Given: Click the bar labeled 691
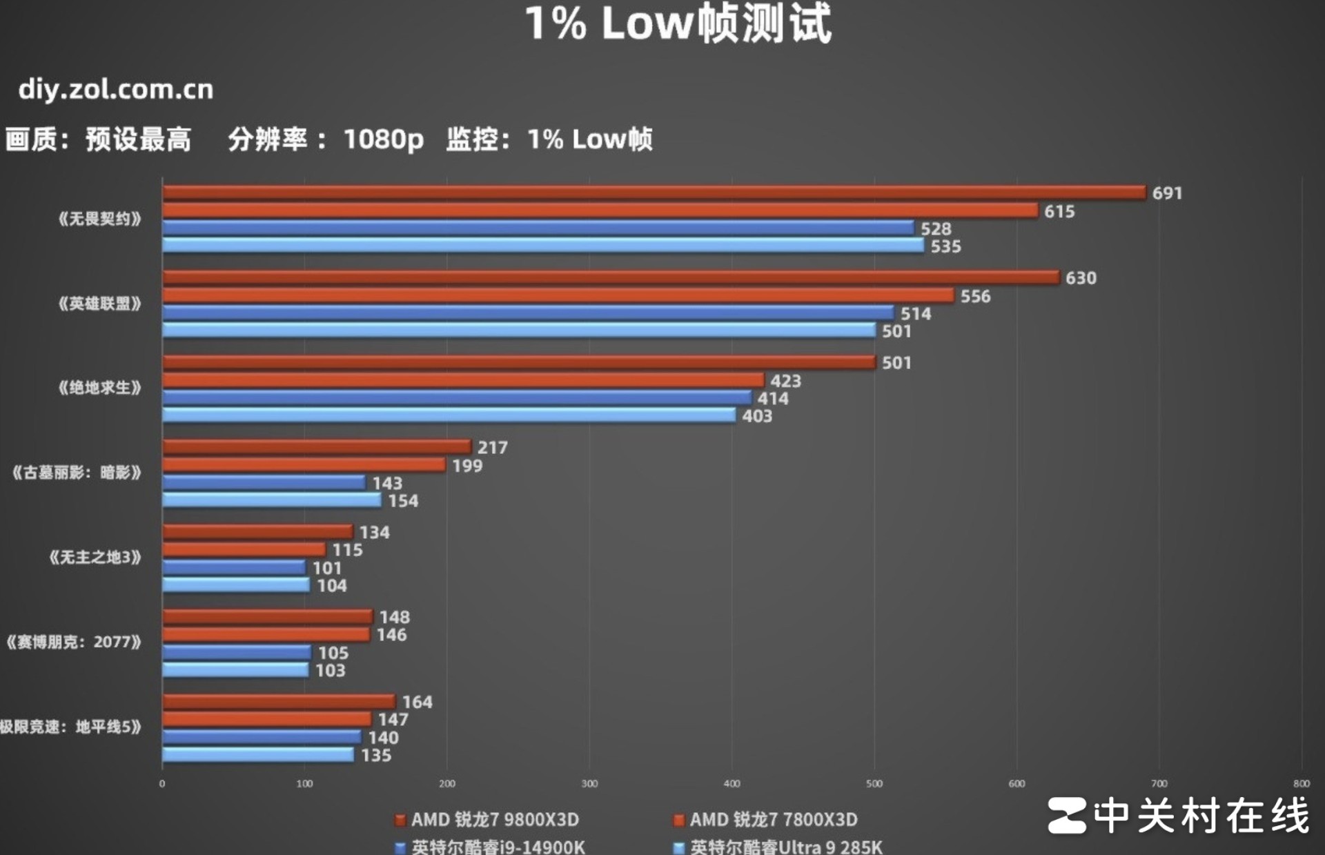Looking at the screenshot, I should [654, 193].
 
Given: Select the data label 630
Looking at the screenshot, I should [1080, 278].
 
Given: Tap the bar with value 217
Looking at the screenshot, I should [316, 447].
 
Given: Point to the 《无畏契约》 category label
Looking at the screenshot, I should [99, 219].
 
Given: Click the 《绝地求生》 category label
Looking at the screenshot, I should [99, 388].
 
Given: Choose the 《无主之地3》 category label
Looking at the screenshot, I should [95, 557].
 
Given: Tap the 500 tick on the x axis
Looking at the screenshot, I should [874, 784].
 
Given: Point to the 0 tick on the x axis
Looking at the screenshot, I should [162, 784].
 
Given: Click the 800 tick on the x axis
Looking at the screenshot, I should [1301, 784].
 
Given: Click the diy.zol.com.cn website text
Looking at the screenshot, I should [116, 90].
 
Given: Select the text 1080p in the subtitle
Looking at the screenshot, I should [383, 139].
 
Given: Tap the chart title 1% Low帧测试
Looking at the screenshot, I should [679, 23].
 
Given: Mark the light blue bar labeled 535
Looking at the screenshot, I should [542, 246].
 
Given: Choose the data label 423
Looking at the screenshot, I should [785, 381].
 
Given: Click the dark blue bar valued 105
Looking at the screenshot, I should [237, 652].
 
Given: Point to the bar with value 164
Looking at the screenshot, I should [278, 702].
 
